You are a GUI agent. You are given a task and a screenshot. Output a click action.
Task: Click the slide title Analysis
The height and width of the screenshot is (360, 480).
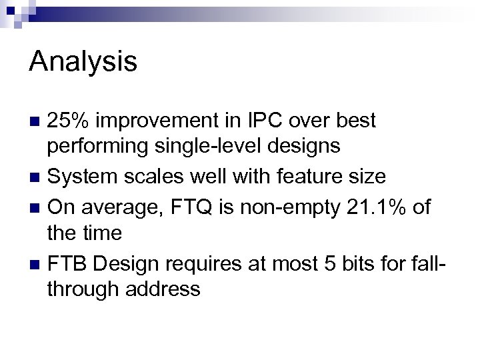83,63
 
